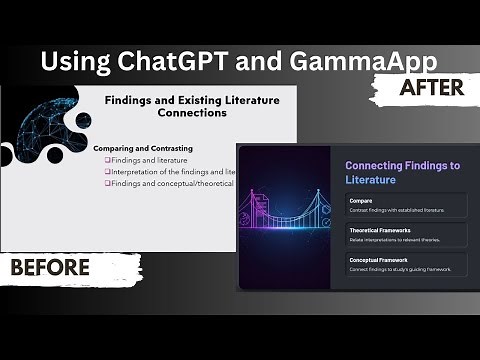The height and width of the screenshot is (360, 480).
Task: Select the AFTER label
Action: click(433, 88)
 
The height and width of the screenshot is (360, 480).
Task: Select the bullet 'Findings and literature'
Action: click(150, 160)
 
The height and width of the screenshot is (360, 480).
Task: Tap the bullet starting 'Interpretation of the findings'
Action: click(170, 172)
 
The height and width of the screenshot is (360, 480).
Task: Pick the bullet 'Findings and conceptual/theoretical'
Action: click(170, 183)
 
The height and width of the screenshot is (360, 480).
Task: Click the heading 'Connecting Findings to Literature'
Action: click(402, 172)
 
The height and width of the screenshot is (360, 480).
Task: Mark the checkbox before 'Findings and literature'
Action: click(108, 160)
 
